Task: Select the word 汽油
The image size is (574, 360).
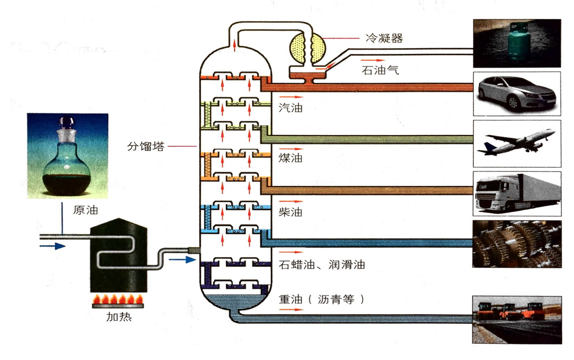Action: click(290, 108)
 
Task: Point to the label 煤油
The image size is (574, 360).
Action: click(290, 158)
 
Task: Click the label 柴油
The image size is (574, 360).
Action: click(290, 212)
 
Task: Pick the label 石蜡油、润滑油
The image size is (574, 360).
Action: click(322, 265)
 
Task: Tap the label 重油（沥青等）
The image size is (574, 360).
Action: click(321, 299)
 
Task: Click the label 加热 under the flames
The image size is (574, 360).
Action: click(119, 316)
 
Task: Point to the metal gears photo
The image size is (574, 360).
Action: click(516, 244)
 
